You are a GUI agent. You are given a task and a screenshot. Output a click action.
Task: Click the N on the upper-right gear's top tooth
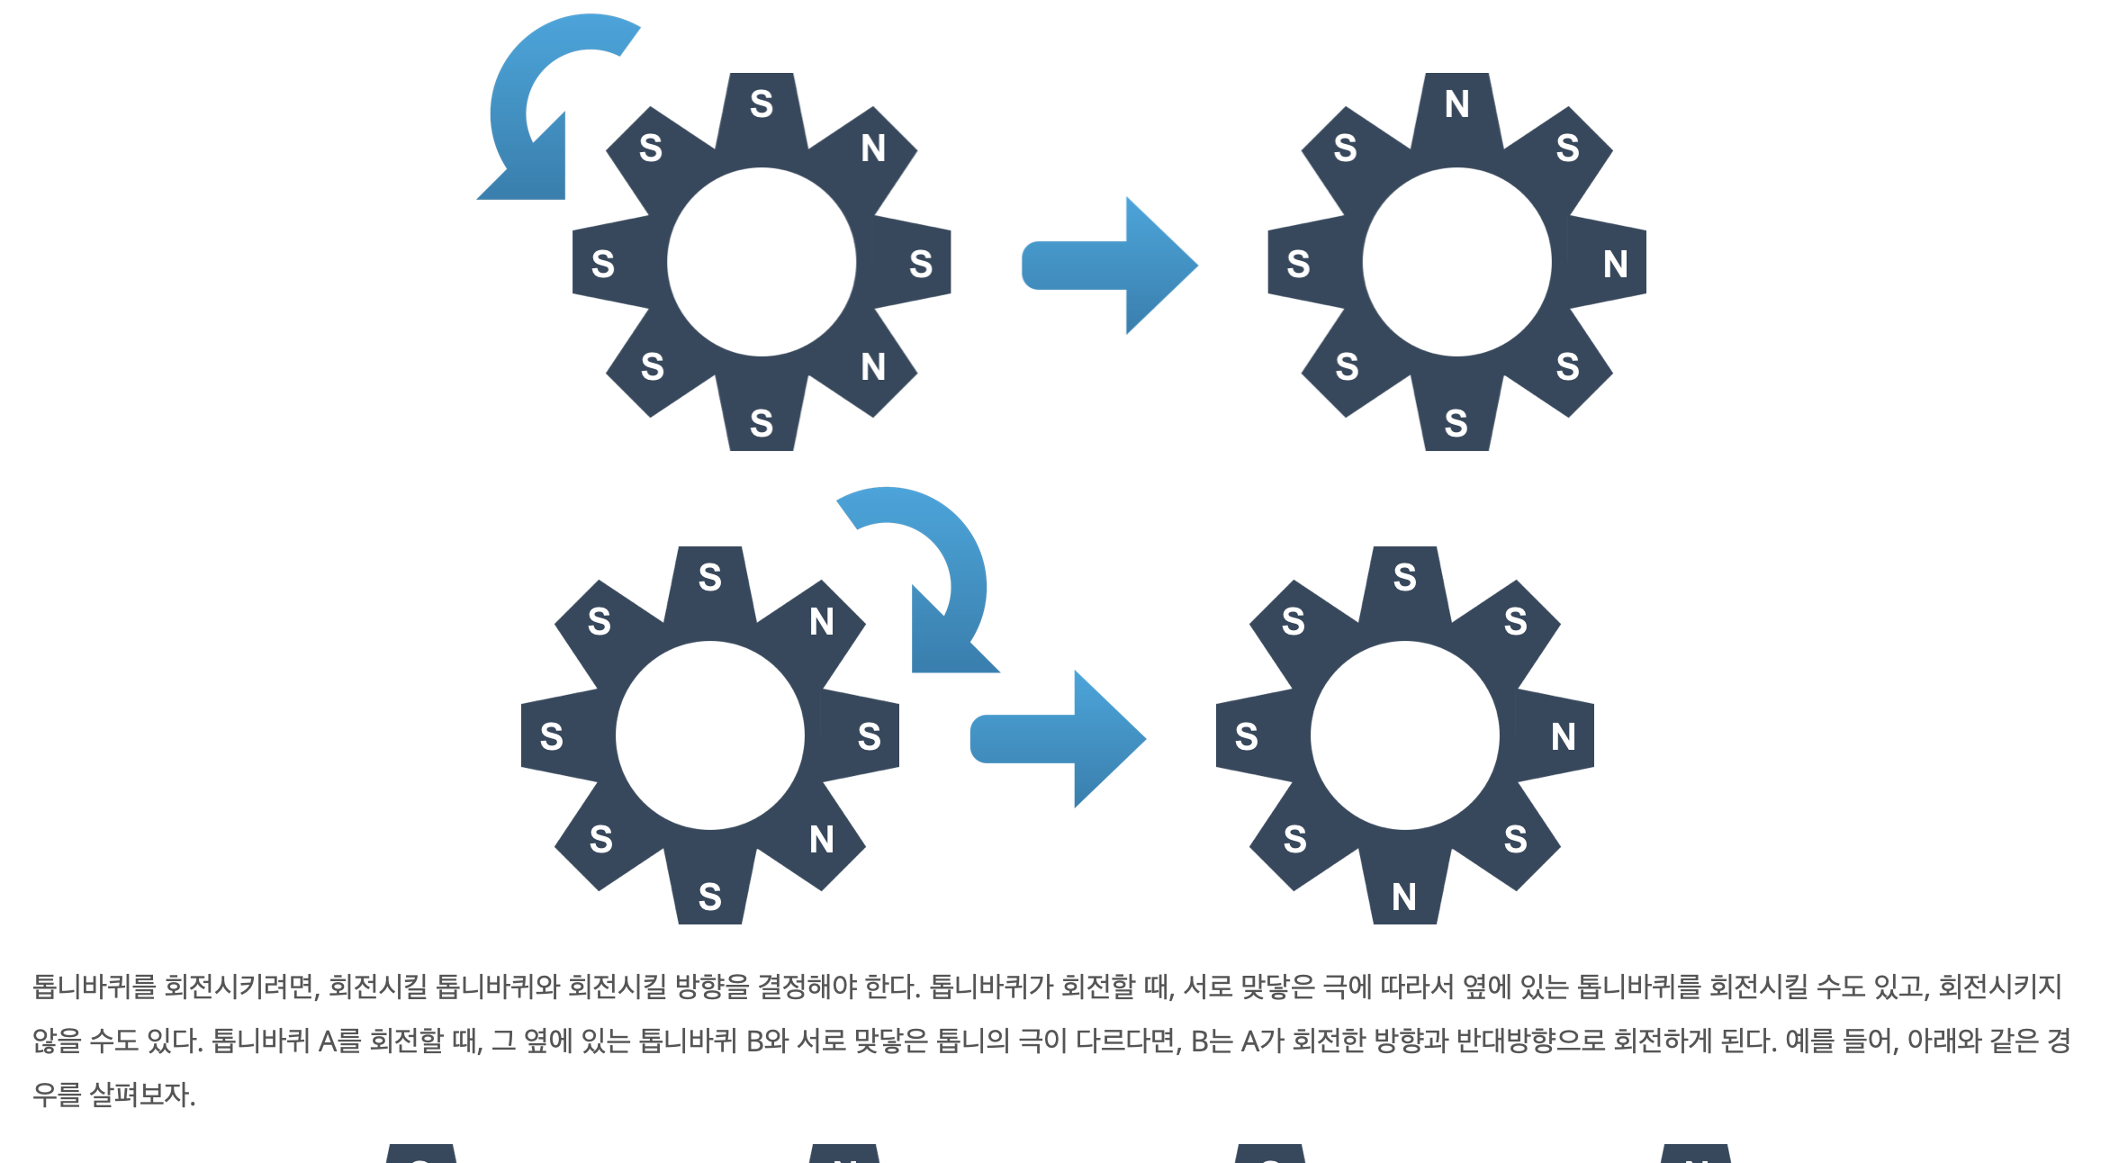coord(1456,104)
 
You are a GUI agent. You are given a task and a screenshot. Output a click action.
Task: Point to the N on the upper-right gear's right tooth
coord(1615,265)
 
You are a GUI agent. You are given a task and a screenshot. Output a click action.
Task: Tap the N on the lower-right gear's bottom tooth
coord(1403,897)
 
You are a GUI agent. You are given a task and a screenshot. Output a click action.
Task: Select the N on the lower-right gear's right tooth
coord(1563,737)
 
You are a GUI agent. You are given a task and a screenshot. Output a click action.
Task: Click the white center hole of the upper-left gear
coord(762,262)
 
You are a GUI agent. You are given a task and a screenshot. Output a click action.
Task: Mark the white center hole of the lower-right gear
coord(1404,735)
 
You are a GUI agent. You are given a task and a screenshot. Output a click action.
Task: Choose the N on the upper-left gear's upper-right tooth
coord(872,149)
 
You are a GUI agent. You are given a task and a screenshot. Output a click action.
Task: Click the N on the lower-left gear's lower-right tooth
coord(821,840)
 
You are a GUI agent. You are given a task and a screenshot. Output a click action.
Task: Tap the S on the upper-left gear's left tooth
coord(602,265)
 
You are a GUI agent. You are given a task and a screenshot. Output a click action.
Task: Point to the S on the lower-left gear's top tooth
coord(709,577)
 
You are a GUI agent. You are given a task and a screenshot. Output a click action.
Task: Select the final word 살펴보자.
coord(141,1095)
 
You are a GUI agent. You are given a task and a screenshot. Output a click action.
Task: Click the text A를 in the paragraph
coord(339,1041)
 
